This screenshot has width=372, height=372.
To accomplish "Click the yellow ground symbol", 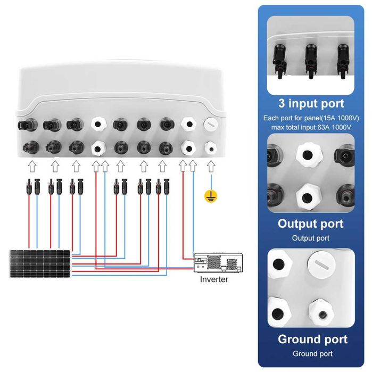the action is [211, 196].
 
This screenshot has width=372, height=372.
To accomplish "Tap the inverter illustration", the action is [218, 262].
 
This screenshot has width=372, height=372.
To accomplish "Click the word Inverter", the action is [214, 279].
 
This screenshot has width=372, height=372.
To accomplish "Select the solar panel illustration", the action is [40, 263].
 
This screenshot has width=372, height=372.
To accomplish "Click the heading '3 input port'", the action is [311, 103].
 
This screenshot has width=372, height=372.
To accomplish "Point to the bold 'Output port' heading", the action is [311, 224].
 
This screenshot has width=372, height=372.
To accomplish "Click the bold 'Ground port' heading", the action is [312, 339].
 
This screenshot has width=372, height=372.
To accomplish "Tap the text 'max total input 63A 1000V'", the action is [311, 127].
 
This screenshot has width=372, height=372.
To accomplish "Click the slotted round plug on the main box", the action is [211, 125].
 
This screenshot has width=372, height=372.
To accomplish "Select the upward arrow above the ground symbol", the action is [211, 166].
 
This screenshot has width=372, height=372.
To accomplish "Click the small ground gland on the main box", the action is [211, 148].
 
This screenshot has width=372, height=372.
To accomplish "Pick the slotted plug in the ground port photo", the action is [321, 265].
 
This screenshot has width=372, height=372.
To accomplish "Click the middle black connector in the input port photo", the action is [311, 61].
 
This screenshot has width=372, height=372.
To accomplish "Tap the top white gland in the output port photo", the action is [308, 155].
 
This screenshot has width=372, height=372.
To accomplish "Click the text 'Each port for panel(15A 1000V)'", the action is [311, 118].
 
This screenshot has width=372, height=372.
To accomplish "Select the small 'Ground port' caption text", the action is [312, 353].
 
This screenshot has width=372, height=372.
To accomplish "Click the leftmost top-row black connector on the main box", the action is [28, 125].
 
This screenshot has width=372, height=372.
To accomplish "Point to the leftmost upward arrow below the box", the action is [32, 166].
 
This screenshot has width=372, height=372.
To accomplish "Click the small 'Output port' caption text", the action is [311, 238].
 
